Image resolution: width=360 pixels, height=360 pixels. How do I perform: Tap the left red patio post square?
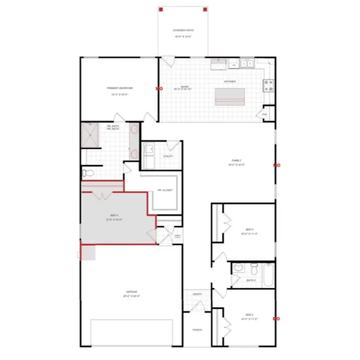[x=160, y=9]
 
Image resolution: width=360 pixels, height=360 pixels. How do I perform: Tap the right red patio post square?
[x=205, y=9]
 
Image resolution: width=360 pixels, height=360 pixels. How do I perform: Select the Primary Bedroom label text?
[x=120, y=88]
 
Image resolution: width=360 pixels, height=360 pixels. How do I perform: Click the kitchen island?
[x=230, y=96]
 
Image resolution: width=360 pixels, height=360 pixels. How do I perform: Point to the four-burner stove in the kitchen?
[x=268, y=85]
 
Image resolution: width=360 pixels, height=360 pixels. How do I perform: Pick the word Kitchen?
[x=230, y=82]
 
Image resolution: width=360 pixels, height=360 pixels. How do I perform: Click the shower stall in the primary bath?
[x=90, y=135]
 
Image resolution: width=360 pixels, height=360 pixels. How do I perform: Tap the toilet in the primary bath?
[x=88, y=173]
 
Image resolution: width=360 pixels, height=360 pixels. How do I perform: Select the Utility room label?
[x=168, y=156]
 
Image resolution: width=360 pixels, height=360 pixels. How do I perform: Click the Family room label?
[x=236, y=160]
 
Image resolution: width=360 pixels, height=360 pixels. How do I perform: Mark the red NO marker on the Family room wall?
[x=276, y=165]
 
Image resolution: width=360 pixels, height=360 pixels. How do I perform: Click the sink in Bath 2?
[x=239, y=268]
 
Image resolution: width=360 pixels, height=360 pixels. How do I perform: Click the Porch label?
[x=197, y=330]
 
